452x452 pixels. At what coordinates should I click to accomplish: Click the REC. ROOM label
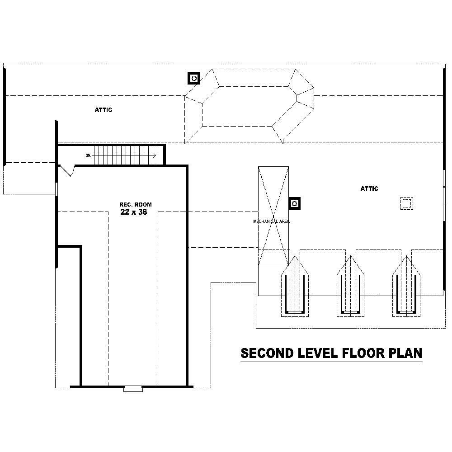pyautogui.click(x=136, y=205)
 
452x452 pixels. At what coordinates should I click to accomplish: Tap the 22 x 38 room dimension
pyautogui.click(x=133, y=212)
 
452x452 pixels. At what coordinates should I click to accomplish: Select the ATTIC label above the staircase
pyautogui.click(x=103, y=110)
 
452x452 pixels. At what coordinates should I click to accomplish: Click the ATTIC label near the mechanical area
pyautogui.click(x=369, y=188)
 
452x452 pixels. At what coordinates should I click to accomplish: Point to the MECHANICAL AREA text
pyautogui.click(x=271, y=221)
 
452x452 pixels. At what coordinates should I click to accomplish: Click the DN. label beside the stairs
pyautogui.click(x=88, y=155)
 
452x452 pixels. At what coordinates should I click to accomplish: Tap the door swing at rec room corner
pyautogui.click(x=67, y=170)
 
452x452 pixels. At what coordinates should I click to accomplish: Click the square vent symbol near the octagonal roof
pyautogui.click(x=194, y=79)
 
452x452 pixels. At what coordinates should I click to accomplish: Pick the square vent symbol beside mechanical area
pyautogui.click(x=295, y=203)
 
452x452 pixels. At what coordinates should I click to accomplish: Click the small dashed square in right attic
pyautogui.click(x=407, y=203)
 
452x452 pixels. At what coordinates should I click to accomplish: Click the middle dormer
pyautogui.click(x=351, y=287)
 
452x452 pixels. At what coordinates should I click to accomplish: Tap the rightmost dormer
pyautogui.click(x=406, y=287)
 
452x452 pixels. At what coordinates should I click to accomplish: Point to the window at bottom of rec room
pyautogui.click(x=133, y=388)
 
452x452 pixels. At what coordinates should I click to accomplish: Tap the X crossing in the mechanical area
pyautogui.click(x=273, y=216)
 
